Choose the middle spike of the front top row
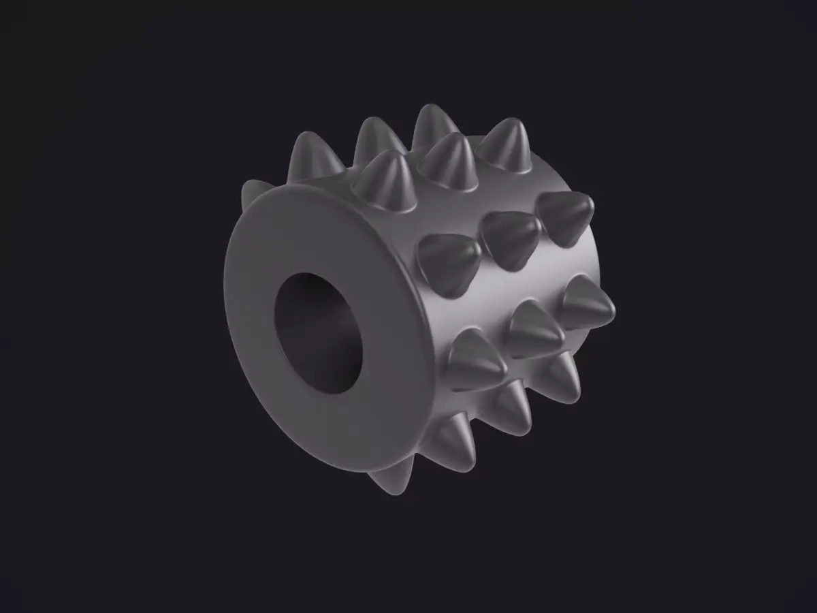(x=450, y=161)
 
